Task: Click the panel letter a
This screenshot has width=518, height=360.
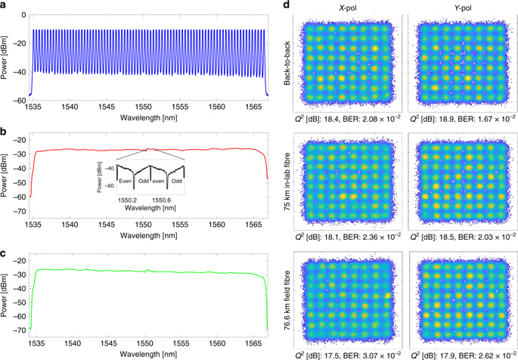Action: [5, 6]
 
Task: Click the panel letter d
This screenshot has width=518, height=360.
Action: [286, 6]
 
